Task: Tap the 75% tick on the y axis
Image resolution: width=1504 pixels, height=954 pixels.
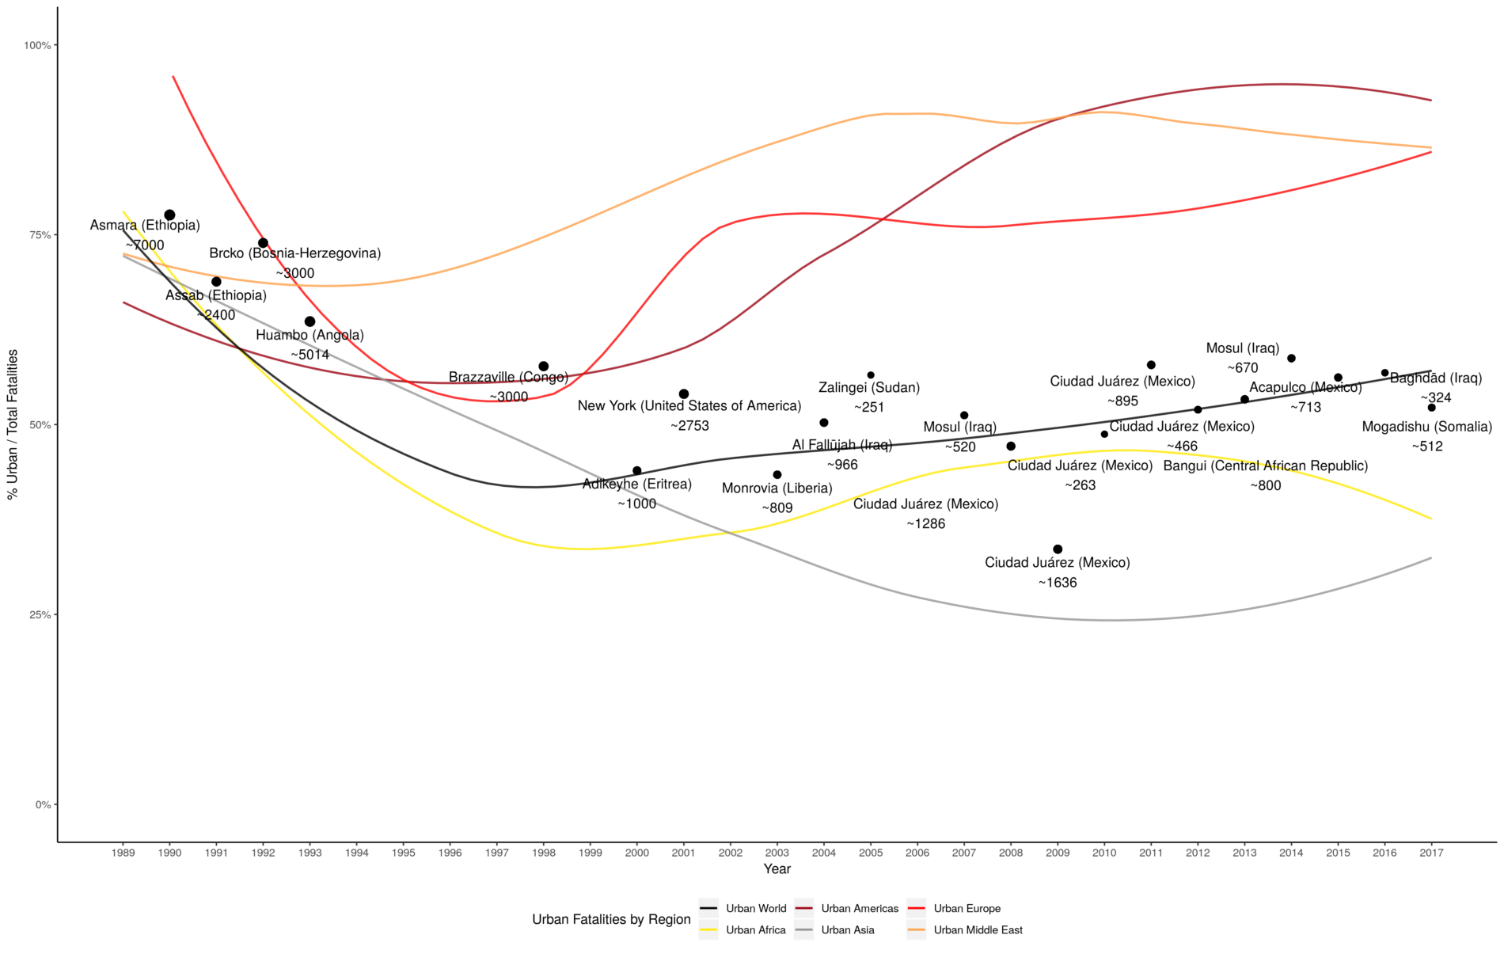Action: tap(37, 235)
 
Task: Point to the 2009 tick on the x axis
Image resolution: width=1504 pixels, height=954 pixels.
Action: tap(1058, 853)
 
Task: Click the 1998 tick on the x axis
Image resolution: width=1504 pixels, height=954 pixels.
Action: tap(544, 853)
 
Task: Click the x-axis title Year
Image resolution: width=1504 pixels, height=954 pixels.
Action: tap(777, 868)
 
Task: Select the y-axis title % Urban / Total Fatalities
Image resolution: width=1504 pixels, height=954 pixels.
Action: tap(12, 424)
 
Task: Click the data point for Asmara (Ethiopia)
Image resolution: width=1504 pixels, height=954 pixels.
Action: tap(169, 215)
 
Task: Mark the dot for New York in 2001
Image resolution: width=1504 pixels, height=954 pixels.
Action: tap(684, 394)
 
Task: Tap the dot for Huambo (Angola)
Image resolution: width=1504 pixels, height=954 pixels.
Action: tap(310, 321)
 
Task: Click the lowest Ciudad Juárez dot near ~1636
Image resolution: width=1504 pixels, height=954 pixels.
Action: tap(1058, 549)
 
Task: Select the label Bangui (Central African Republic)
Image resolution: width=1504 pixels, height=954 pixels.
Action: tap(1265, 466)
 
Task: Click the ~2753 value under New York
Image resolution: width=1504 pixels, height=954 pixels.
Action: tap(689, 426)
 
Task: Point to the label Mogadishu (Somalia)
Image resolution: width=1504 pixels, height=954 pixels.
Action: tap(1426, 427)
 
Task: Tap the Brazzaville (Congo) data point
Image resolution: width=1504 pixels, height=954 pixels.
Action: tap(544, 367)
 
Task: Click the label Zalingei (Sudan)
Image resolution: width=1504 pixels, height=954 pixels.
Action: tap(869, 387)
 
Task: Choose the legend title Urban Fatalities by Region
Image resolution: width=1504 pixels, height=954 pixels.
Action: tap(611, 919)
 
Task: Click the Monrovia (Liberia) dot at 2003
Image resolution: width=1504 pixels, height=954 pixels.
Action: tap(777, 475)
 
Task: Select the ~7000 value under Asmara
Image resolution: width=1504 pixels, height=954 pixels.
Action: tap(145, 245)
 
